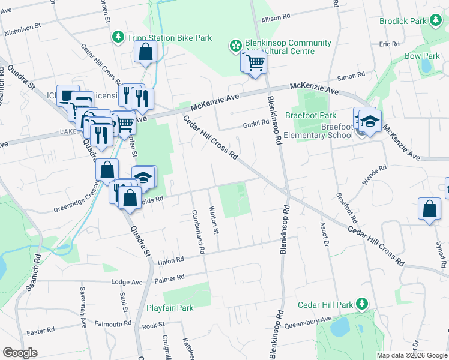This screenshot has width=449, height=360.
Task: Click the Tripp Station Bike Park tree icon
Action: pyautogui.click(x=118, y=38)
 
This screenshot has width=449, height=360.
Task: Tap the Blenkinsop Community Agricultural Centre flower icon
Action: pyautogui.click(x=235, y=45)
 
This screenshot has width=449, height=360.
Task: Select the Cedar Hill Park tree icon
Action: pyautogui.click(x=361, y=303)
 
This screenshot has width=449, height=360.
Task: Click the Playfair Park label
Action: pyautogui.click(x=170, y=308)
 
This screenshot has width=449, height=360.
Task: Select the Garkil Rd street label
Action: pyautogui.click(x=256, y=123)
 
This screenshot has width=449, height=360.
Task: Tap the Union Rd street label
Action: pyautogui.click(x=170, y=262)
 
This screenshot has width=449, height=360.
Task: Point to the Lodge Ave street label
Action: pyautogui.click(x=128, y=282)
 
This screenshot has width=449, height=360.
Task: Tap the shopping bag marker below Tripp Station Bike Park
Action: pyautogui.click(x=146, y=53)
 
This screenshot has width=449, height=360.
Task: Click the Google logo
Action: pyautogui.click(x=20, y=353)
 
